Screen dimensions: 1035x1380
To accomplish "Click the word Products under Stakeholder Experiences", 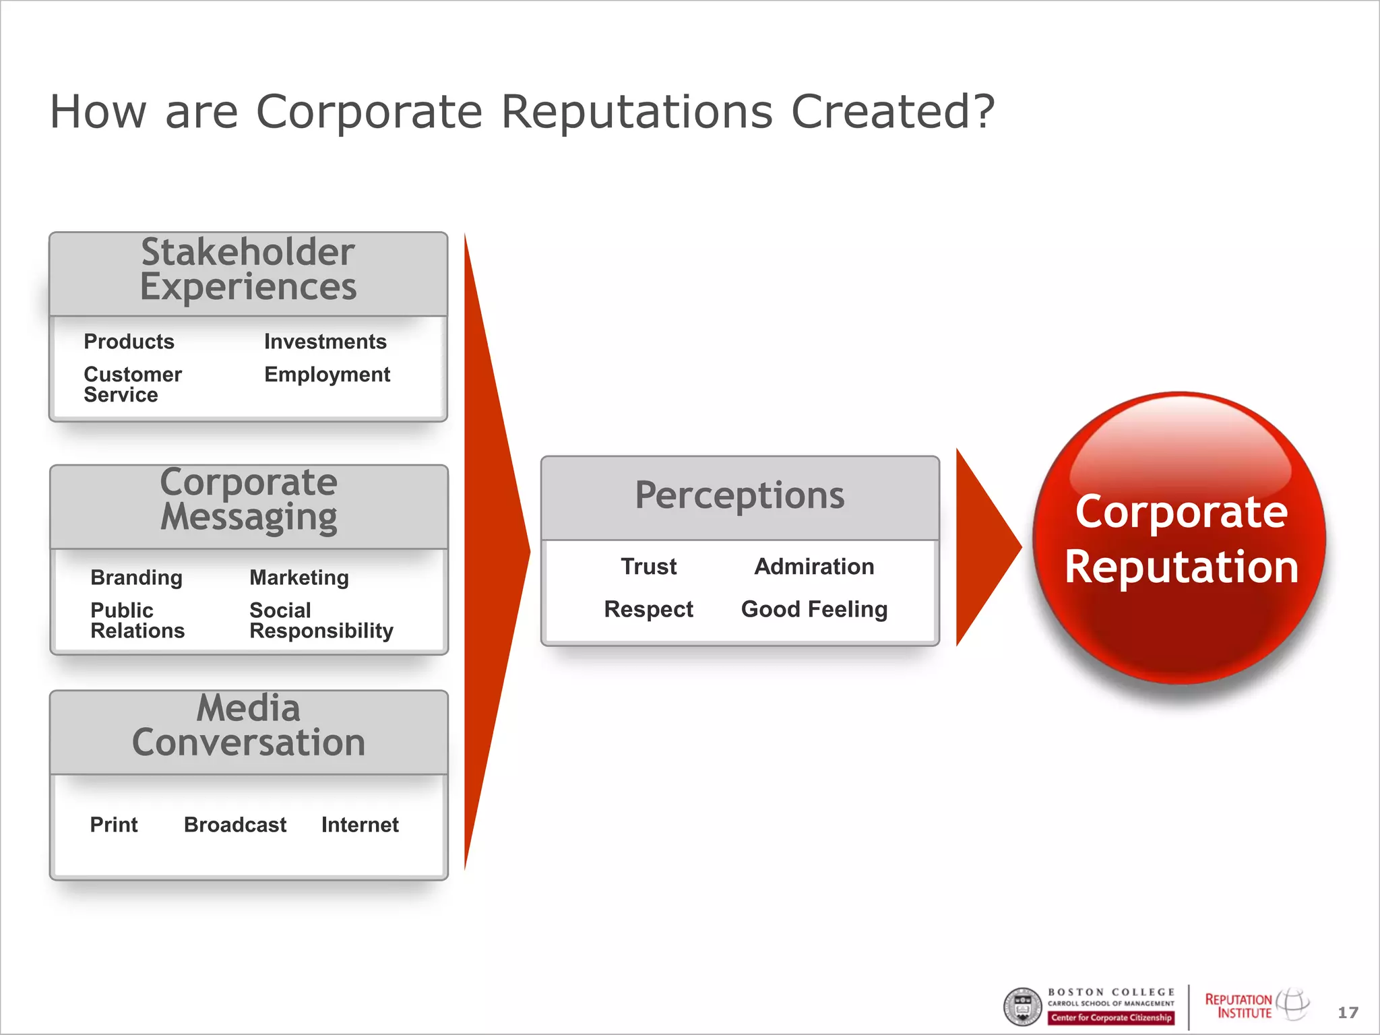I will coord(129,342).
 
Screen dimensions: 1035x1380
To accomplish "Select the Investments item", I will coord(325,342).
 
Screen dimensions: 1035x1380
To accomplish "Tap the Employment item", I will coord(327,375).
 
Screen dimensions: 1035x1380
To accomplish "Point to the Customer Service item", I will coord(132,384).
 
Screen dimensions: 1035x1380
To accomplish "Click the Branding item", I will coord(136,577).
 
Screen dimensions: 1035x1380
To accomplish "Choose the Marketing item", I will coord(299,577).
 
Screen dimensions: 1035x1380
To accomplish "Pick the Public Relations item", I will coord(137,620).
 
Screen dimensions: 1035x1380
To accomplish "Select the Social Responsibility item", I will coord(321,620).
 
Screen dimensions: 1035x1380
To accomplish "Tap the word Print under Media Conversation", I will coord(114,824).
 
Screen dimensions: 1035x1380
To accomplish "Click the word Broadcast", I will coord(235,824).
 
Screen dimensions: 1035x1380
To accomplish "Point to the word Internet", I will coord(360,824).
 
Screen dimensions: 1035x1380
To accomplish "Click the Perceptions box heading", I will coord(739,496).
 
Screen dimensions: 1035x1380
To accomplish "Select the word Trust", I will coord(648,567).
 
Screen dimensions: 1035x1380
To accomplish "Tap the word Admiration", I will coord(814,567).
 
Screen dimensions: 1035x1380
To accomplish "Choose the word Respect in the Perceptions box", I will coord(648,609).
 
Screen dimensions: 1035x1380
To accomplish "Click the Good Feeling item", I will coord(814,609).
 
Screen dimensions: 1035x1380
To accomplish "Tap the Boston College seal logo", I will coord(1023,1007).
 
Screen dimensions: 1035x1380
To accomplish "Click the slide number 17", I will coord(1348,1012).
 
